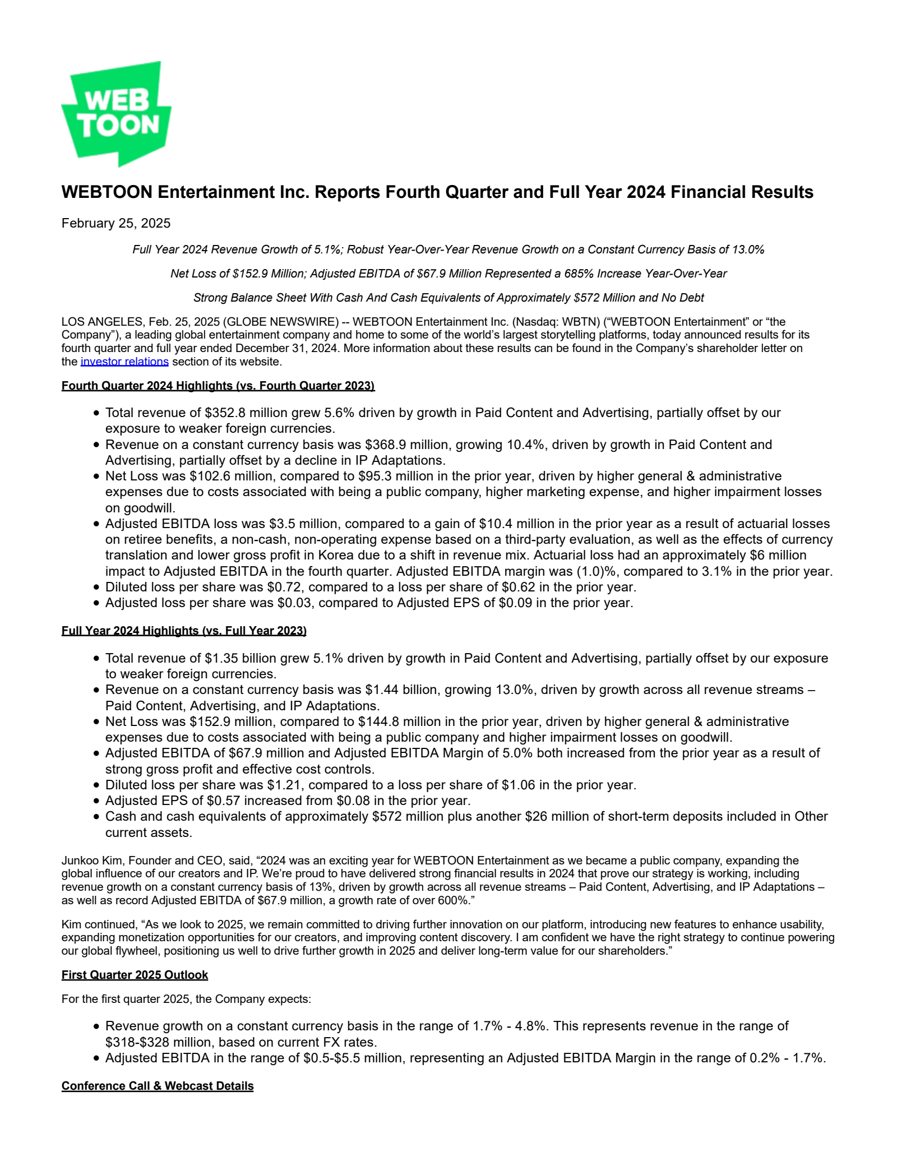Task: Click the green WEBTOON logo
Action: point(116,113)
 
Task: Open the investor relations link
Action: point(124,362)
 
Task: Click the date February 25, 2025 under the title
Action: point(116,223)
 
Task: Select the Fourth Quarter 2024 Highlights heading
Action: point(218,386)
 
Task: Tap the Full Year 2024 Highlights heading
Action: point(184,631)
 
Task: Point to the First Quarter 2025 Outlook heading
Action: point(135,975)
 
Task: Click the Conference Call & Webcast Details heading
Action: point(158,1086)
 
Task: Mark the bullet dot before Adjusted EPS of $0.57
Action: point(96,801)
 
